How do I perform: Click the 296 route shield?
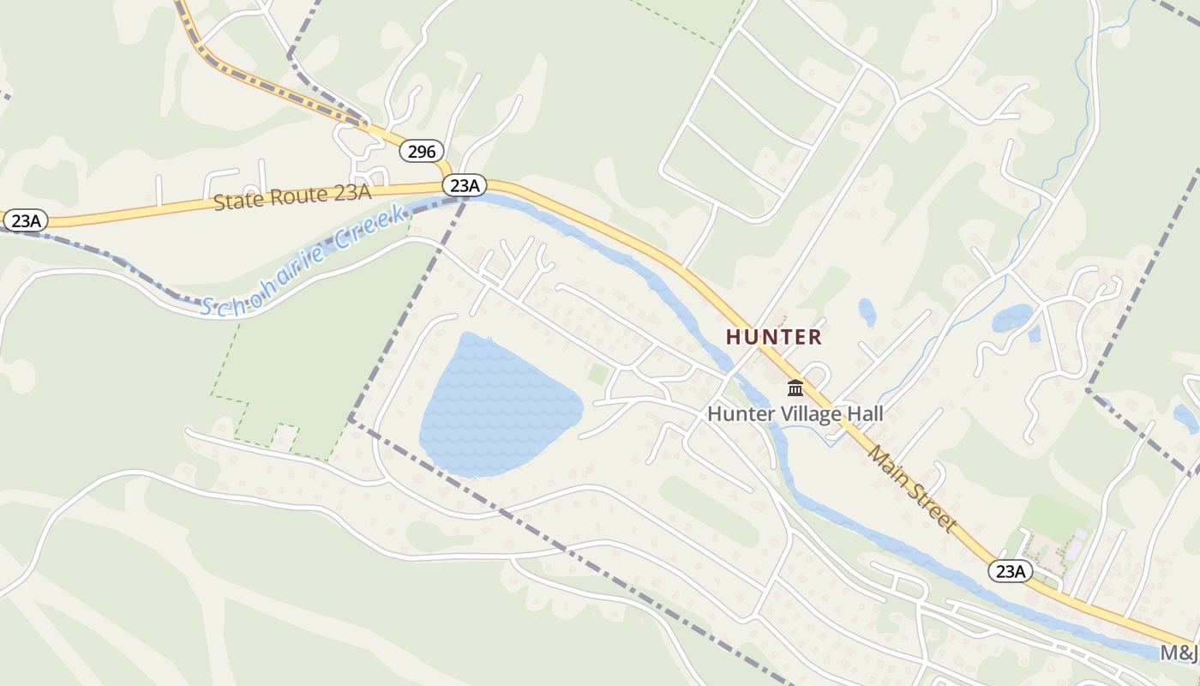[x=422, y=152]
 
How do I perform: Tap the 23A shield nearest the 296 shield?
[x=465, y=185]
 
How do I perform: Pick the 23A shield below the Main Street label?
[x=1011, y=571]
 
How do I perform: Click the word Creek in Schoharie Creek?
[x=369, y=226]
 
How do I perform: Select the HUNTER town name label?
[x=774, y=337]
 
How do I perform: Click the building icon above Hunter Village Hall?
[x=795, y=388]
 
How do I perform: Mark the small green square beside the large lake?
[x=598, y=374]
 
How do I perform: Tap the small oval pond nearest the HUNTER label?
[x=867, y=311]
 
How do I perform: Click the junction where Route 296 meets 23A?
[x=452, y=181]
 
